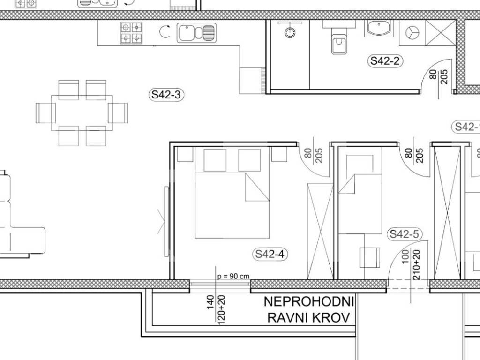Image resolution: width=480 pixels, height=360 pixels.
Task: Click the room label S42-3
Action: coord(166,95)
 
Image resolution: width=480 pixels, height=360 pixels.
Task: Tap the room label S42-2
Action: coord(385,61)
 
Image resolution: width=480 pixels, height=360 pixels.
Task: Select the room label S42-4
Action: coord(270,254)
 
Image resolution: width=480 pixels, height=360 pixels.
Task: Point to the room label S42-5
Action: coord(404,234)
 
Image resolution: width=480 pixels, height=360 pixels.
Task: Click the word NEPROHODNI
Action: coord(309,302)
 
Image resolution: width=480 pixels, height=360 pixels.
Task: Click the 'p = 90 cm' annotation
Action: coord(233,277)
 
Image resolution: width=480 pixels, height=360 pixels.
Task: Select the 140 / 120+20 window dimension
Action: coord(216,309)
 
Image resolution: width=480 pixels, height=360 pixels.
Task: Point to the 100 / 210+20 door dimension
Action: coord(411,265)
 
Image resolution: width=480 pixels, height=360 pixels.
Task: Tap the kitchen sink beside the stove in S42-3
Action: coord(196,33)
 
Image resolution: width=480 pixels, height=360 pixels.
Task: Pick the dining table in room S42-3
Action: coord(82,113)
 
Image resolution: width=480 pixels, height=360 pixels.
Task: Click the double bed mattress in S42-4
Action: coord(232,205)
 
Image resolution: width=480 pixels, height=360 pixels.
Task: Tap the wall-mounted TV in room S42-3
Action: coord(167,222)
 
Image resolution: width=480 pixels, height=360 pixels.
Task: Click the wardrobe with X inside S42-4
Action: coord(320,232)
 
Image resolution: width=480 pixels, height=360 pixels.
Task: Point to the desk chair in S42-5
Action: coord(370,257)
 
